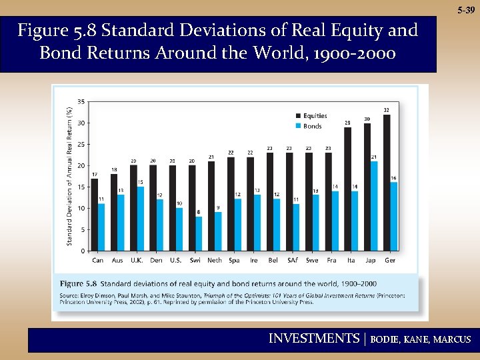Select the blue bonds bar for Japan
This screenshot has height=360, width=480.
[374, 206]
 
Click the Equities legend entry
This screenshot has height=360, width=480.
[311, 116]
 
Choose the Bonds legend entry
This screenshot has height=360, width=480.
[308, 126]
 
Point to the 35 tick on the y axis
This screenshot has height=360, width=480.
[81, 101]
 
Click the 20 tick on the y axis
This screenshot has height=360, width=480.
[81, 165]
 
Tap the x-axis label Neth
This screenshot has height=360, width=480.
[215, 260]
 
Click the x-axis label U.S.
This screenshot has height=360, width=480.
[175, 260]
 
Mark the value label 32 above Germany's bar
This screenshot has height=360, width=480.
[387, 110]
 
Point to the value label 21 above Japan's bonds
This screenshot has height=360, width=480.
[374, 157]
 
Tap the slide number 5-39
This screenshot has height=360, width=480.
[466, 11]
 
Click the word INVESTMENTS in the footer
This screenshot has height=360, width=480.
[313, 339]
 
